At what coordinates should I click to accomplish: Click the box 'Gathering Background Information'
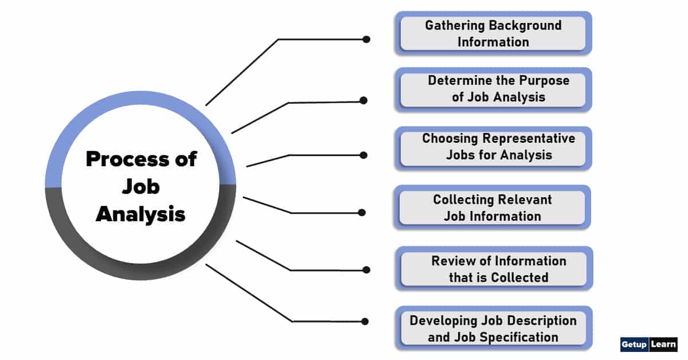[493, 33]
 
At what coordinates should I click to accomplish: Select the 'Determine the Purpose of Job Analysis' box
[493, 89]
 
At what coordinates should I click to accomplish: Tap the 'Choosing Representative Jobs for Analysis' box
[493, 147]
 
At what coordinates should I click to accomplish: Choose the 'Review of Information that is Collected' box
[493, 269]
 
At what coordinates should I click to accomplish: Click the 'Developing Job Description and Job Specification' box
[493, 328]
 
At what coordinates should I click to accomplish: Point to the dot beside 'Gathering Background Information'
[366, 40]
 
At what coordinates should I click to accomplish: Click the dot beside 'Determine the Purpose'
[363, 100]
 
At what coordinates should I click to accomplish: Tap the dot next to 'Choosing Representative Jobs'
[363, 155]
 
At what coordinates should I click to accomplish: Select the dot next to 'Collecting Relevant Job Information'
[362, 212]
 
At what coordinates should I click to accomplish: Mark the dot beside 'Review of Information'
[366, 269]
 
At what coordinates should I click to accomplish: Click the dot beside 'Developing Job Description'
[365, 321]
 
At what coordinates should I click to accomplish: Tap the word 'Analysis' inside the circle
[140, 214]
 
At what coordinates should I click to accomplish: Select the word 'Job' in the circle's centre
[140, 187]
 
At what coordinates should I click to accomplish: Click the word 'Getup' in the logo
[634, 345]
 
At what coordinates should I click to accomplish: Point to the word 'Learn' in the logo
[663, 345]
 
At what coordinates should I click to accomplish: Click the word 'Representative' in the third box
[529, 139]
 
